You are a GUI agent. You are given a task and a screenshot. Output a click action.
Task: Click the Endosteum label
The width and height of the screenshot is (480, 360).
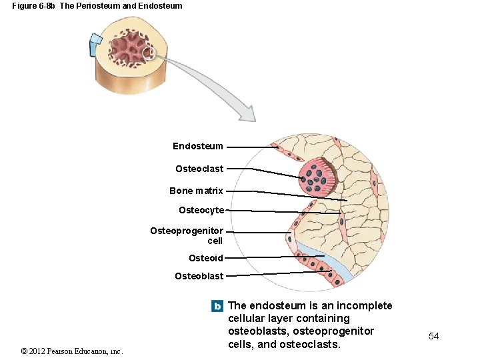tap(198, 146)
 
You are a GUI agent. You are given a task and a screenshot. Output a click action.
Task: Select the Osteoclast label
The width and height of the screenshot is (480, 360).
tap(199, 169)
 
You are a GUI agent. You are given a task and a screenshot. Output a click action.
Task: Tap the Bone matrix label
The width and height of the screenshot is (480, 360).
tap(196, 191)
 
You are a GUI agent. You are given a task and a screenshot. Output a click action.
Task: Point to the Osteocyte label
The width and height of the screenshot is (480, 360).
tap(201, 211)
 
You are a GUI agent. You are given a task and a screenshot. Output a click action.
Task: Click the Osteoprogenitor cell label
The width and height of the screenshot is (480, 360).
tap(187, 235)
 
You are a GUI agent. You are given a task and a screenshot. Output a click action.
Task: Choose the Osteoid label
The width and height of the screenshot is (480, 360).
tap(206, 258)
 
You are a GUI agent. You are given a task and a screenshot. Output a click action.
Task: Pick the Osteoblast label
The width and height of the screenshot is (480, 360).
tap(199, 276)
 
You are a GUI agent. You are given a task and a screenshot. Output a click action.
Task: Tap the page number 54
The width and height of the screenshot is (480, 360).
tap(434, 336)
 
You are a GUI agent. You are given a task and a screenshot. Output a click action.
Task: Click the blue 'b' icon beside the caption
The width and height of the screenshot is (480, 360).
tap(217, 306)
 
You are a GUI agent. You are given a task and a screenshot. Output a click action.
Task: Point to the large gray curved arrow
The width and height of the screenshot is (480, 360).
tap(213, 83)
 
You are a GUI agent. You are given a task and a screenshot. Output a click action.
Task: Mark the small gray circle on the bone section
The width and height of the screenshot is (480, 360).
tap(149, 53)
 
